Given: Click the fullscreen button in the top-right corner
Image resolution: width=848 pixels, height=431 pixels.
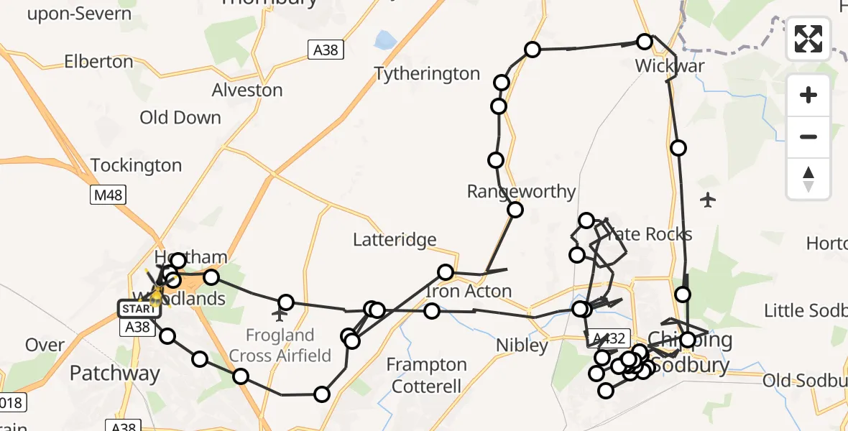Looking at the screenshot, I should click(808, 39).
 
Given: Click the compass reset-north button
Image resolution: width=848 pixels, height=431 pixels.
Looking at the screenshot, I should click(808, 179).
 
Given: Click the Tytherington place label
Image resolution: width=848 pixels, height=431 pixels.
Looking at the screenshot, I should click(427, 73).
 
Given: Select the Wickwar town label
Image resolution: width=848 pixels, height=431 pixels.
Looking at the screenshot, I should click(670, 66).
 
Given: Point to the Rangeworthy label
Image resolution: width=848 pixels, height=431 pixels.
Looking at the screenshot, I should click(522, 191).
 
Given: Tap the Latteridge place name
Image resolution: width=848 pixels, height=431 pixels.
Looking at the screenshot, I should click(394, 239).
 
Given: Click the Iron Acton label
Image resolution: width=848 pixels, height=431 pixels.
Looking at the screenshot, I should click(469, 291).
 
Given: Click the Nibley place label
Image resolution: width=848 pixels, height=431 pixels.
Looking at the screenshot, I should click(522, 346).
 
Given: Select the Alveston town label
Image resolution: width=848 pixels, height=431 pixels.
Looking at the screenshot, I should click(247, 90).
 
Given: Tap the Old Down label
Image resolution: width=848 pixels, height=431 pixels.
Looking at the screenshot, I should click(180, 117).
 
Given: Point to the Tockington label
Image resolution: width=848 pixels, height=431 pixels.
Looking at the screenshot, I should click(137, 165).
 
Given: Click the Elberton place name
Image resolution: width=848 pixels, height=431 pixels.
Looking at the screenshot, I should click(98, 62).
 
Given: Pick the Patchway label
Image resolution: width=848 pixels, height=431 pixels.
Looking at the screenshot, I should click(115, 374).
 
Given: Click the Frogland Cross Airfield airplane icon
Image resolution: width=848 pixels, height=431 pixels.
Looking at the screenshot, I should click(280, 314).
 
